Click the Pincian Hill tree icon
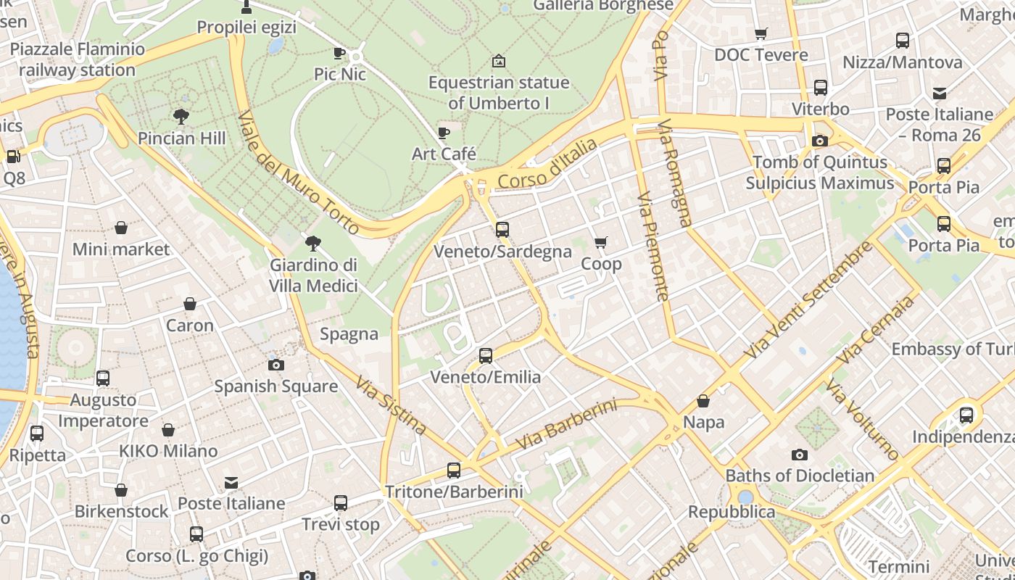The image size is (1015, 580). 181,116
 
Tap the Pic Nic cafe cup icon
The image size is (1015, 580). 339,53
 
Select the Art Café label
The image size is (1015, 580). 444,154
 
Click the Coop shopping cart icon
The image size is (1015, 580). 600,242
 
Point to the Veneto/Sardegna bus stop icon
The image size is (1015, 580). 502,230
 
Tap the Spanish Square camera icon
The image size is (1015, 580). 275,365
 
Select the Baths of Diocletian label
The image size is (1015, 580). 800,476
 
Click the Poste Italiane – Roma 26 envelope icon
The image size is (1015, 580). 940,93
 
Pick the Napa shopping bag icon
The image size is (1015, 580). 703,401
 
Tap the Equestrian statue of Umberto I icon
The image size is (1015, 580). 498,61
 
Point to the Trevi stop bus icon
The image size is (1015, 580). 340,502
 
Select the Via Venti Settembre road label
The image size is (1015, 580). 808,299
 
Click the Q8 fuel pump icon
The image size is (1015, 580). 13,156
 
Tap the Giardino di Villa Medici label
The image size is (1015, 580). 313,275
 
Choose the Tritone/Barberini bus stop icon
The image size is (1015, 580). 453,471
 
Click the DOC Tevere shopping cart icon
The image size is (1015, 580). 761,33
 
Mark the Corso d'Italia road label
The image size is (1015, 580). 547,164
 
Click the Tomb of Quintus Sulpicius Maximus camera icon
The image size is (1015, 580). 820,141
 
